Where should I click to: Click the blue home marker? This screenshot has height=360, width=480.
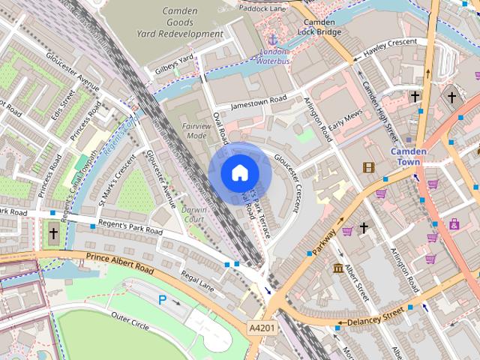click(x=238, y=172)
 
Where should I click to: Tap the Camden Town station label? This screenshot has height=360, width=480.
click(x=409, y=157)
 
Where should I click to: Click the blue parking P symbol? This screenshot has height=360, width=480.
click(x=162, y=300)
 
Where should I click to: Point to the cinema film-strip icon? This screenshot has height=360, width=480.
click(x=368, y=167)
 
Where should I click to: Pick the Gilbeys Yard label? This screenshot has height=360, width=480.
click(x=174, y=61)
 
